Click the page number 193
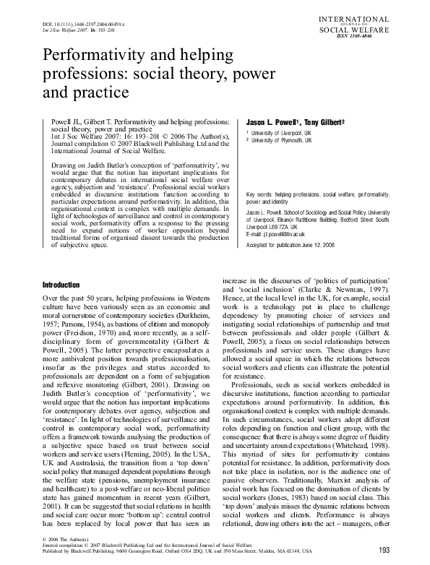pos(384,551)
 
